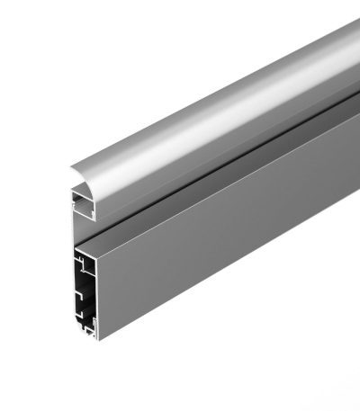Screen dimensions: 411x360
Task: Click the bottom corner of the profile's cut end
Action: click(96, 339)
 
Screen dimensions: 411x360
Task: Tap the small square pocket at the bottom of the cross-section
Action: click(90, 329)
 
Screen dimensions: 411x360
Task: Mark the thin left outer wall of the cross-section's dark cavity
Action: click(76, 288)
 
